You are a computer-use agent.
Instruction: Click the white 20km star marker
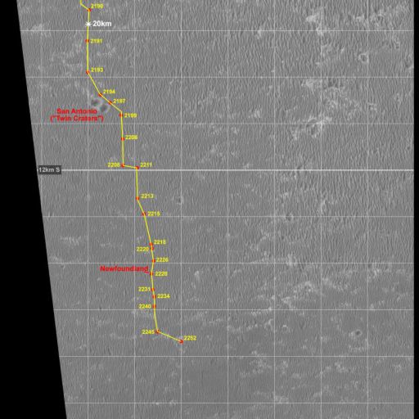pyautogui.click(x=88, y=25)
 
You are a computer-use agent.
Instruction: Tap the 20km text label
pyautogui.click(x=102, y=25)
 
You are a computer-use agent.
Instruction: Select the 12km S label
pyautogui.click(x=49, y=169)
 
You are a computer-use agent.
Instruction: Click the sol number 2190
pyautogui.click(x=97, y=7)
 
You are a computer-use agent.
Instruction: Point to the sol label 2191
pyautogui.click(x=96, y=41)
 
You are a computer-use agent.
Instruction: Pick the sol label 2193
pyautogui.click(x=97, y=70)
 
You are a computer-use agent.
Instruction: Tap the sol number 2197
pyautogui.click(x=119, y=101)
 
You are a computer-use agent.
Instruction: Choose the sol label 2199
pyautogui.click(x=131, y=116)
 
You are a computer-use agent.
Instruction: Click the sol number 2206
pyautogui.click(x=131, y=137)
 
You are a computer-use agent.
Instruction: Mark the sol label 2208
pyautogui.click(x=114, y=165)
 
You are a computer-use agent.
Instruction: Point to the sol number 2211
pyautogui.click(x=146, y=165)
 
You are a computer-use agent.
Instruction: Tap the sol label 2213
pyautogui.click(x=147, y=196)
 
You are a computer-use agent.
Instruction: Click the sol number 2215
pyautogui.click(x=154, y=214)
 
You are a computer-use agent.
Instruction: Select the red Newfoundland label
pyautogui.click(x=124, y=268)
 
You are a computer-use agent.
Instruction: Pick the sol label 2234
pyautogui.click(x=163, y=296)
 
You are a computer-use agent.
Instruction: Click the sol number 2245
pyautogui.click(x=147, y=331)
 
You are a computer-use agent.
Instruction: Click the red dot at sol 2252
pyautogui.click(x=181, y=340)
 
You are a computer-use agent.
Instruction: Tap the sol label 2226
pyautogui.click(x=162, y=259)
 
